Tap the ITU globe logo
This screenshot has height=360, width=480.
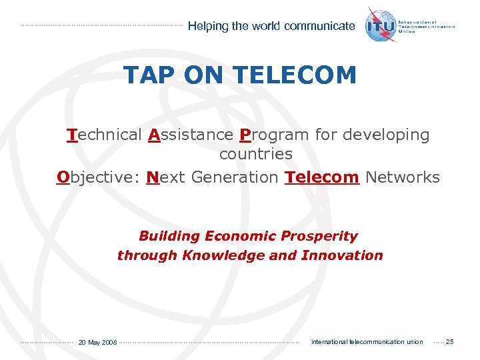coord(381,25)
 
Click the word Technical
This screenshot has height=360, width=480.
coord(104,135)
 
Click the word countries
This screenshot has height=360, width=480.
coord(256,154)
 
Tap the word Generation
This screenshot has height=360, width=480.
coord(234,177)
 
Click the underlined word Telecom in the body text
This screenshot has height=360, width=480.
coord(322,177)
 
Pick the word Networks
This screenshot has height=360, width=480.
coord(403,177)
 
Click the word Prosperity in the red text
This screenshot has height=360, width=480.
coord(319,236)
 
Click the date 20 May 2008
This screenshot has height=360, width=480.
coord(97,343)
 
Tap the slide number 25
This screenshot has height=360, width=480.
coord(449,342)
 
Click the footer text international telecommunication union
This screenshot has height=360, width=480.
coord(367,342)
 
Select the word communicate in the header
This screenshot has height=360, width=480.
coord(319,26)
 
